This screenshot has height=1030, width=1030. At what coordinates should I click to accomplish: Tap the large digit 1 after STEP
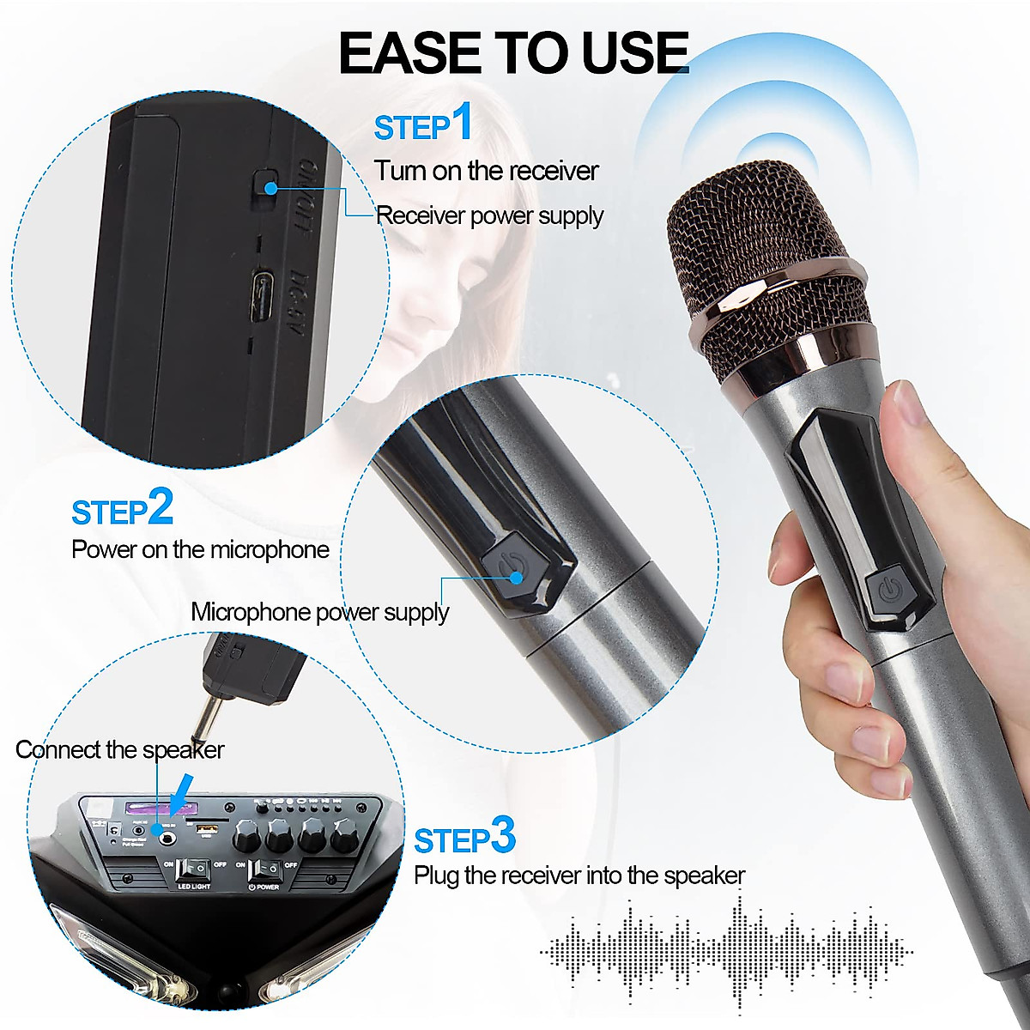[x=462, y=122]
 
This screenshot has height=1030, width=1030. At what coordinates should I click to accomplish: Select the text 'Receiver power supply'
[x=489, y=215]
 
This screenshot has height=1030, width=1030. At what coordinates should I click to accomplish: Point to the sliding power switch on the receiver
[x=265, y=185]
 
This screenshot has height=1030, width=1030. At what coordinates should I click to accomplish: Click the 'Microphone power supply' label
[x=319, y=612]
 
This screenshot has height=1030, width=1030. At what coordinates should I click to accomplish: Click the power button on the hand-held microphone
[x=888, y=590]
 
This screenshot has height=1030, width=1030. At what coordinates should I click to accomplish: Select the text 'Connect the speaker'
[x=119, y=750]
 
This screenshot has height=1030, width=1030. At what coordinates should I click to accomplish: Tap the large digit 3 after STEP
[x=502, y=835]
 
